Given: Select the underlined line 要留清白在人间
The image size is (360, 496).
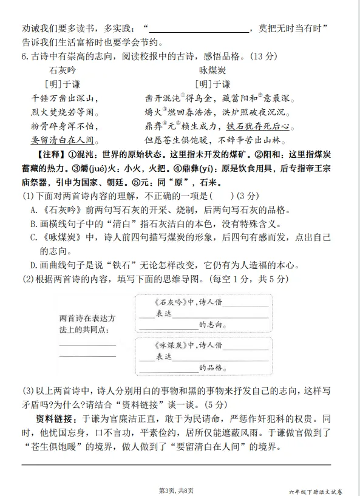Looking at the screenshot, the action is click(63, 140).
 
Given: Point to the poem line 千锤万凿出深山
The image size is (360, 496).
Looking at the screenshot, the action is click(63, 98).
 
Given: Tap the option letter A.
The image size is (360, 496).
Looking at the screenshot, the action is click(35, 211).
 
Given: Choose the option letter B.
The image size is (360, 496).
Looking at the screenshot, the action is click(35, 224).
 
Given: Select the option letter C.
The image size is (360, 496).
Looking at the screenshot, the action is click(35, 237).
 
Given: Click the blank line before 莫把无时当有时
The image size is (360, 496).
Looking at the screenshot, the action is click(198, 29).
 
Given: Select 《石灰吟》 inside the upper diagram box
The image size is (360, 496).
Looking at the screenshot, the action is click(168, 302).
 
